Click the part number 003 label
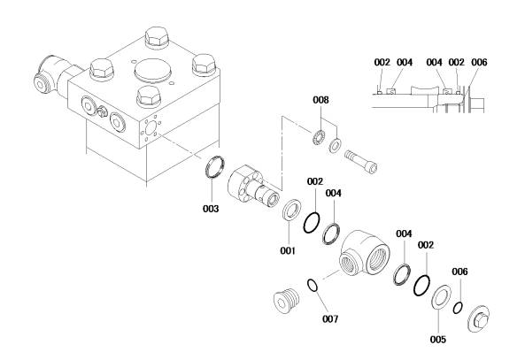(211, 209)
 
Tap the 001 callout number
(288, 250)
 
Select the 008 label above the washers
(320, 100)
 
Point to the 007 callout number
(330, 319)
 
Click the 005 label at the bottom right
(438, 340)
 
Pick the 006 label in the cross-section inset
(479, 62)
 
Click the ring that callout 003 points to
(214, 167)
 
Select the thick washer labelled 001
(291, 210)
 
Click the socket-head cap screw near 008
(361, 161)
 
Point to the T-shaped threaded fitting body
(364, 253)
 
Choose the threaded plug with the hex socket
(287, 300)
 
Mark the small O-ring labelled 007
(312, 285)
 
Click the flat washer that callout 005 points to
(441, 296)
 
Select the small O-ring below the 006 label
(458, 308)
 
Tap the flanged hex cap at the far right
(478, 318)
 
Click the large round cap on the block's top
(152, 72)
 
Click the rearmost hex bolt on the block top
(157, 37)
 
